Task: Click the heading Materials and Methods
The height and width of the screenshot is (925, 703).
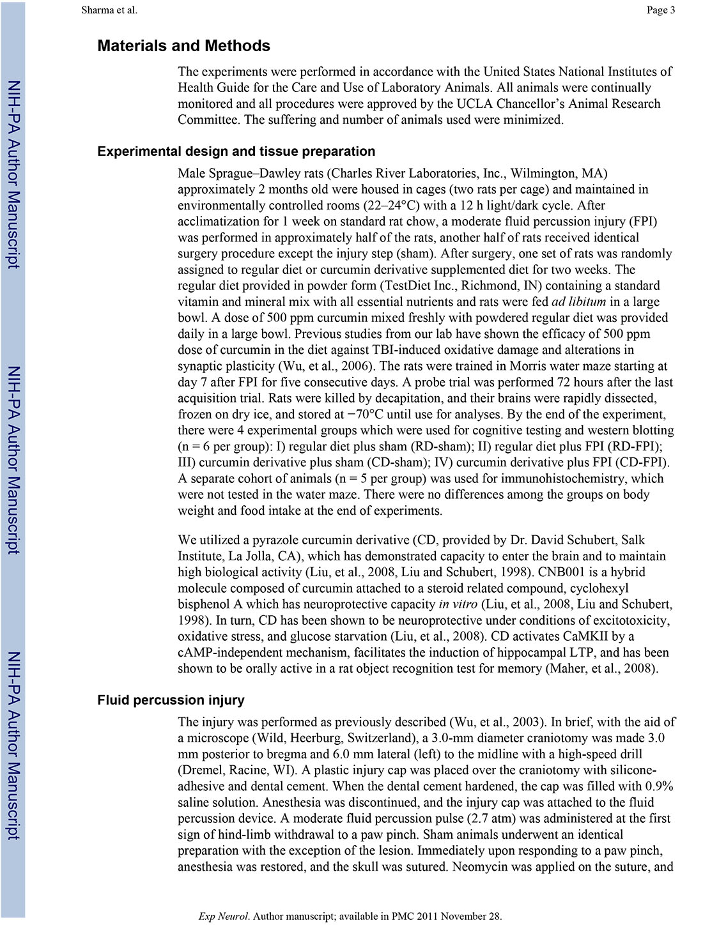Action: pyautogui.click(x=183, y=46)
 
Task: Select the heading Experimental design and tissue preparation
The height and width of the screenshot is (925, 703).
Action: pyautogui.click(x=236, y=151)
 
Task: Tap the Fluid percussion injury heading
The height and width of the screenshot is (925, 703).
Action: pyautogui.click(x=171, y=700)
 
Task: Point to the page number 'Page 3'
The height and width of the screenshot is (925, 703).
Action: pyautogui.click(x=661, y=10)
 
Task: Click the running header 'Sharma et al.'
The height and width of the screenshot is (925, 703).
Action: pyautogui.click(x=109, y=10)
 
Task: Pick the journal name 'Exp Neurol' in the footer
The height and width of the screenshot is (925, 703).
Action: pyautogui.click(x=223, y=916)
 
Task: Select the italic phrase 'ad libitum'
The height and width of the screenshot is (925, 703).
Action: pyautogui.click(x=578, y=302)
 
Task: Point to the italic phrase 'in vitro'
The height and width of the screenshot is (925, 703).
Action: pyautogui.click(x=458, y=604)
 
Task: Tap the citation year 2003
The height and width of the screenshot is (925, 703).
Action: pyautogui.click(x=524, y=722)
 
